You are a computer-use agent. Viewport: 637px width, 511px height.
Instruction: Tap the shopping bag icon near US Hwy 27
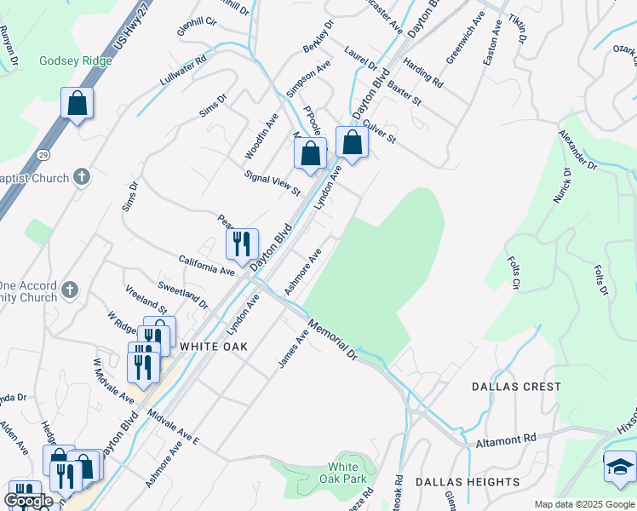77,104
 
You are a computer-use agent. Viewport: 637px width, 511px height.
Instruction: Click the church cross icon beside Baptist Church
82,177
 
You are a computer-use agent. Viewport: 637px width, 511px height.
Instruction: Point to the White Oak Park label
343,474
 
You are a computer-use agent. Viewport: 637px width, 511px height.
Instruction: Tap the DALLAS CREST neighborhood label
517,387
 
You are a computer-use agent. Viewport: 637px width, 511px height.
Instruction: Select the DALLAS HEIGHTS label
468,482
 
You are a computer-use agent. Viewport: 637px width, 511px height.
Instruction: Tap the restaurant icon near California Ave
242,244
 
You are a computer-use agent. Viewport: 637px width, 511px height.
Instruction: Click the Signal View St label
273,181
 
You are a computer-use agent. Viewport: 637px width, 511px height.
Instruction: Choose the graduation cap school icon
620,467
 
